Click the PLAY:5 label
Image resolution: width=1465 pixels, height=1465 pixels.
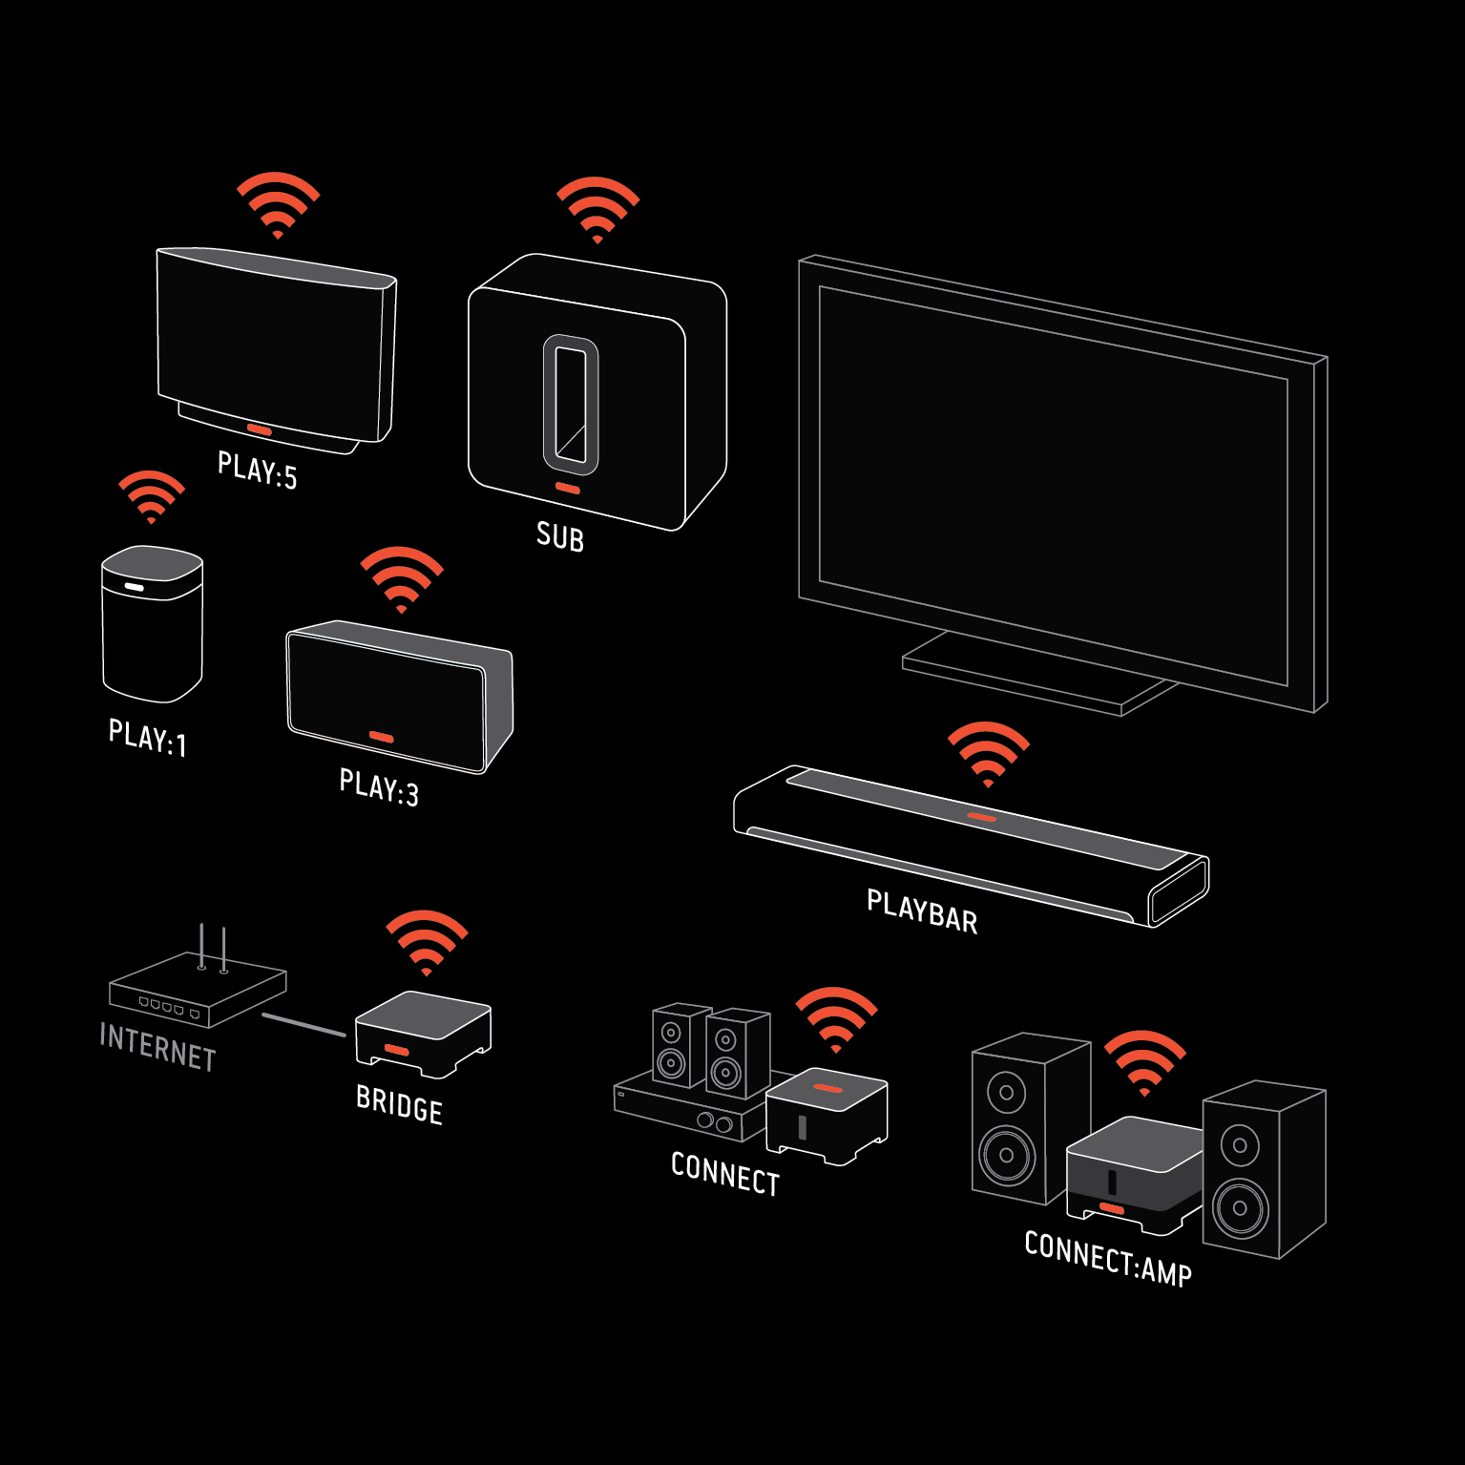pos(258,470)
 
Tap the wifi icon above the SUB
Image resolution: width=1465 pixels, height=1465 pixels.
pos(597,209)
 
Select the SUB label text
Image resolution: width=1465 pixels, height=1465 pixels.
pos(560,536)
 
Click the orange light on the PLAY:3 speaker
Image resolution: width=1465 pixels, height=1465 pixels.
pos(382,737)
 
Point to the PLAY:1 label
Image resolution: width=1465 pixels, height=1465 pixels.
pos(148,738)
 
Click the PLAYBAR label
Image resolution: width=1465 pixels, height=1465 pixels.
pos(922,911)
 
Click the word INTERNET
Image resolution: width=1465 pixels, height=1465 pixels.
pos(158,1048)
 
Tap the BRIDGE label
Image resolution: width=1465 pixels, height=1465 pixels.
pos(400,1105)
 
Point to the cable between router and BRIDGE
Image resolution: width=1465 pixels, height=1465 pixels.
pos(303,1025)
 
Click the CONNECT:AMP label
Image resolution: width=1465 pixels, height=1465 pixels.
pos(1108,1259)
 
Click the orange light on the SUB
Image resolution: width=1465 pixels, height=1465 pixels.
pos(568,489)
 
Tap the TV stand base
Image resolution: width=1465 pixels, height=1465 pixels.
pos(1039,672)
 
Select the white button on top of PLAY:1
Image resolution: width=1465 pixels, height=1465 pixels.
pos(134,586)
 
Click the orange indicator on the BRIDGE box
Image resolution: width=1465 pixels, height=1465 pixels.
pos(397,1050)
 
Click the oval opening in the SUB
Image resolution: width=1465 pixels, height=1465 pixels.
pos(571,405)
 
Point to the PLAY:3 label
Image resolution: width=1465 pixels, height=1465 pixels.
pos(379,788)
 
